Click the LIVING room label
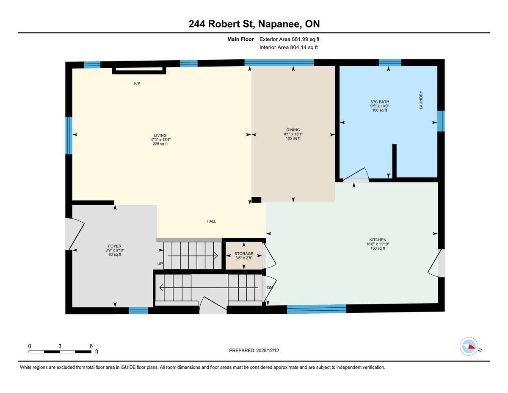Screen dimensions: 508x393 pyautogui.click(x=160, y=136)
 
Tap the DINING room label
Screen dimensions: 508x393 pyautogui.click(x=293, y=130)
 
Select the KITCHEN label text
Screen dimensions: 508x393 pyautogui.click(x=378, y=240)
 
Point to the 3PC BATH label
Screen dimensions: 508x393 pyautogui.click(x=380, y=102)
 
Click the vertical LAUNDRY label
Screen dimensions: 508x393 pyautogui.click(x=421, y=100)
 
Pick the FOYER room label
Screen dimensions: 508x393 pyautogui.click(x=115, y=246)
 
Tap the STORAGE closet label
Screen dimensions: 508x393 pyautogui.click(x=244, y=254)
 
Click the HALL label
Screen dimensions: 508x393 pyautogui.click(x=211, y=221)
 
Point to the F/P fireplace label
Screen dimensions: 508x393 pyautogui.click(x=137, y=84)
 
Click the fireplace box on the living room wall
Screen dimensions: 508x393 pyautogui.click(x=139, y=70)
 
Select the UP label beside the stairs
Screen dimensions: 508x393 pyautogui.click(x=160, y=264)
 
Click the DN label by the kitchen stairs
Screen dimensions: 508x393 pyautogui.click(x=270, y=287)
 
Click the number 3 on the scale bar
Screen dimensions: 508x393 pyautogui.click(x=60, y=346)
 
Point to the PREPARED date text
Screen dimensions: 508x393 pyautogui.click(x=254, y=351)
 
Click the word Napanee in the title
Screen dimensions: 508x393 pyautogui.click(x=279, y=24)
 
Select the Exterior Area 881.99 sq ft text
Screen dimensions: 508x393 pyautogui.click(x=290, y=39)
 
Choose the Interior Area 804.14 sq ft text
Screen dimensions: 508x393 pyautogui.click(x=288, y=47)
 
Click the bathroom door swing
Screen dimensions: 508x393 pyautogui.click(x=356, y=174)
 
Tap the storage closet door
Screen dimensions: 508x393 pyautogui.click(x=269, y=256)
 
